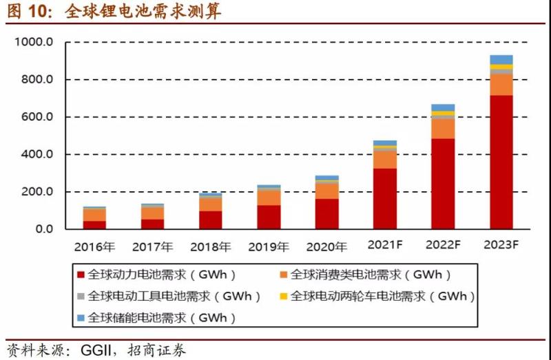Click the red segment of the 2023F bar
point(501,162)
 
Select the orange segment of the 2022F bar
point(443,129)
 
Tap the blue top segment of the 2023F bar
point(501,59)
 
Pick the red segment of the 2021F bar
point(385,198)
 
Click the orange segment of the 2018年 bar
point(211,204)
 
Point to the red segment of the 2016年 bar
point(94,224)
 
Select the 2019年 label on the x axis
point(269,246)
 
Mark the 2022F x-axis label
point(443,246)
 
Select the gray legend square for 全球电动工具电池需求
point(81,297)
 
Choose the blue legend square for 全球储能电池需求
point(81,318)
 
